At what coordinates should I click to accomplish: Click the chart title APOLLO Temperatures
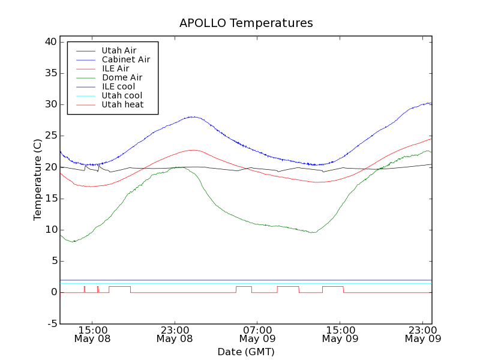[246, 23]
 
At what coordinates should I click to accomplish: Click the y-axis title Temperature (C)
[38, 179]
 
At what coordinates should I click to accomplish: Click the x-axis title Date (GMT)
[246, 352]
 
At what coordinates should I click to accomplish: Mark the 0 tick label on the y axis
[53, 293]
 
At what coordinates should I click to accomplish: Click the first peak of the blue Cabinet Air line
[192, 116]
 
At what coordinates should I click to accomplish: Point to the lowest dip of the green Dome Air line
[73, 241]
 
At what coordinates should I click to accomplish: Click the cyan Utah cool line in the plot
[240, 284]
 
